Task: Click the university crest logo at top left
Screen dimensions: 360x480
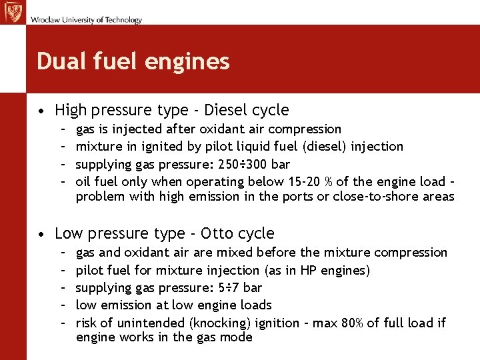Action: coord(13,13)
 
